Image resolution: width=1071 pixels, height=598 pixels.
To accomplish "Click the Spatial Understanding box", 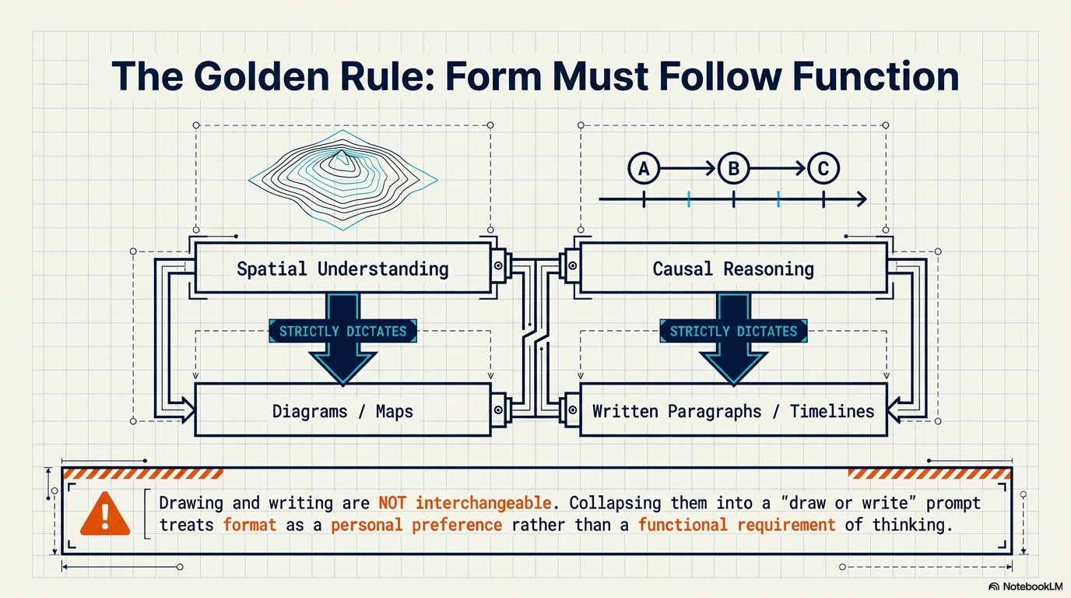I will (342, 269).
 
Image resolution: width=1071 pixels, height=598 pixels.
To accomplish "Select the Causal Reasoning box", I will (733, 269).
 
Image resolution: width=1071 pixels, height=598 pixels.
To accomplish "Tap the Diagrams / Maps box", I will (342, 411).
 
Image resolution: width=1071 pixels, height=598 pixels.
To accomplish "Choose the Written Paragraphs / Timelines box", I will (733, 411).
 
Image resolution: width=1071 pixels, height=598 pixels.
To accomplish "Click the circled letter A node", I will (644, 167).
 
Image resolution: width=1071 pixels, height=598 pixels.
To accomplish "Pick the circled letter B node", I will (733, 167).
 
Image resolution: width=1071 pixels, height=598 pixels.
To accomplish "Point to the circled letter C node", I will (823, 167).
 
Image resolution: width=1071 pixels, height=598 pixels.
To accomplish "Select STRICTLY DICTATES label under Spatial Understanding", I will (342, 331).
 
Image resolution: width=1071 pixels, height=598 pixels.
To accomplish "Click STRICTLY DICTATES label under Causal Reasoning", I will (733, 331).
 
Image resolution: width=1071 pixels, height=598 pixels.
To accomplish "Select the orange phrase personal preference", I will (416, 525).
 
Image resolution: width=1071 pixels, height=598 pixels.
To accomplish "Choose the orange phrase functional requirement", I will (736, 525).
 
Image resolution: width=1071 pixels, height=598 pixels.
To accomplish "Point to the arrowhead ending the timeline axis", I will (861, 200).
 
